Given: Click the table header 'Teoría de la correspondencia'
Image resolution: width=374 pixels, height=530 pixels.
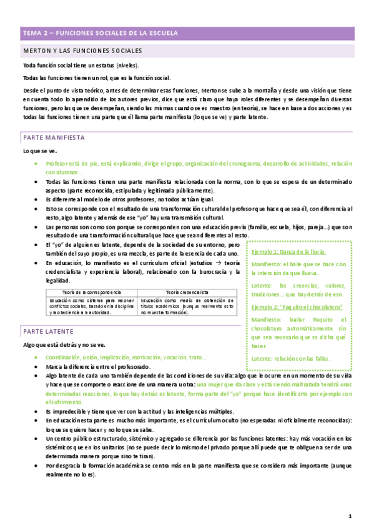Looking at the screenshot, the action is click(92, 292).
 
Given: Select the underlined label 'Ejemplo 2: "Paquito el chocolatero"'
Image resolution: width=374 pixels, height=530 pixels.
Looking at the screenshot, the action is click(297, 307).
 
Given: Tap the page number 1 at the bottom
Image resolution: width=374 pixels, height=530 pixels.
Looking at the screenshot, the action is click(350, 516).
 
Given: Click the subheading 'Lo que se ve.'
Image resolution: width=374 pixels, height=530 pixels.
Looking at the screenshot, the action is click(40, 151).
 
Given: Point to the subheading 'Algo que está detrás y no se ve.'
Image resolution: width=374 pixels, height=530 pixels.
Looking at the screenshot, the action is click(64, 344).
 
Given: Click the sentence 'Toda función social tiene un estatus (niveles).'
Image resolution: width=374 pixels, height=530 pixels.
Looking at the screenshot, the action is click(81, 66).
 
